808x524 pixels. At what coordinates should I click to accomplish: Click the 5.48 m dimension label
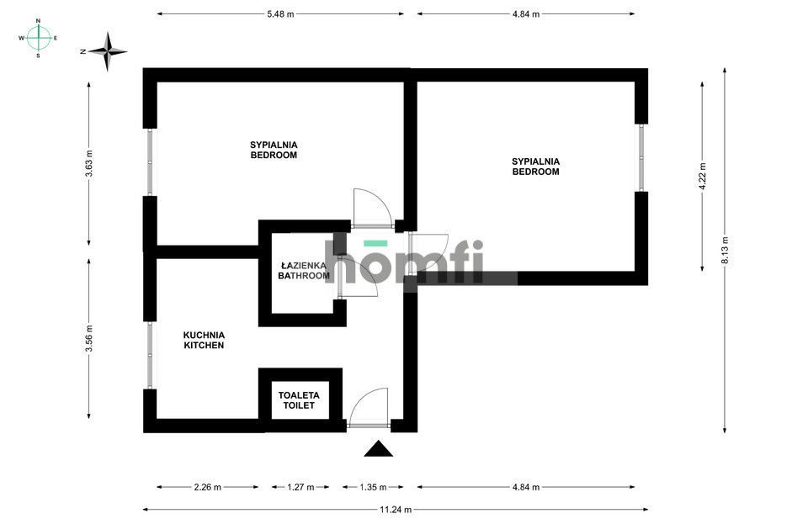click(280, 14)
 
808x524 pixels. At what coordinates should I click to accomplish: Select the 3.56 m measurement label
click(89, 341)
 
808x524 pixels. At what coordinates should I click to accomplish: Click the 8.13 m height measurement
click(725, 251)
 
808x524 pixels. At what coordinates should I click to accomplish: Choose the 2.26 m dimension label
click(207, 487)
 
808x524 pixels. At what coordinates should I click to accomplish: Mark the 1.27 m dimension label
click(300, 487)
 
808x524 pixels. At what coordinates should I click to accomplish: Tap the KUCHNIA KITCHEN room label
click(204, 340)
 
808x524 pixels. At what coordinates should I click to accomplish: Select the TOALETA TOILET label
click(299, 400)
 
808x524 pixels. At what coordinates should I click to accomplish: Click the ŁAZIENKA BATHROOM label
click(304, 270)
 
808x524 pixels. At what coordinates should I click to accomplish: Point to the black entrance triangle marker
click(379, 449)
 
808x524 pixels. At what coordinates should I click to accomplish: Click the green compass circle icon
click(38, 38)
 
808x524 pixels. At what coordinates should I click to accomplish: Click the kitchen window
click(149, 355)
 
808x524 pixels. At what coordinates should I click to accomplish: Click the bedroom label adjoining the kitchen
click(274, 150)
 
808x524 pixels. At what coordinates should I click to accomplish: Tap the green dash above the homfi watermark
click(375, 243)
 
